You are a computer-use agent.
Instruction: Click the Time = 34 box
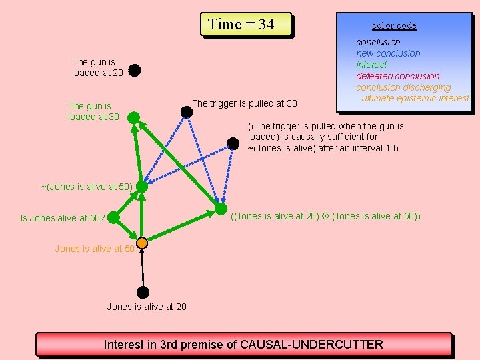tap(246, 25)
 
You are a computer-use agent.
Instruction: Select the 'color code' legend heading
tap(394, 25)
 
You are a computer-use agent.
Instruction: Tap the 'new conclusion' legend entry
tap(388, 53)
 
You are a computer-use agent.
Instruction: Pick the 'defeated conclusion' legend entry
tap(397, 76)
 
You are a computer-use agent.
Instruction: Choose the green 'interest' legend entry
tap(371, 65)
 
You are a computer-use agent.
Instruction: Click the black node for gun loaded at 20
tap(134, 69)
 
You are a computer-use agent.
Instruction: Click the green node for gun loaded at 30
tap(133, 117)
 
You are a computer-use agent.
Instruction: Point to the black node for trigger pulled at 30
tap(187, 112)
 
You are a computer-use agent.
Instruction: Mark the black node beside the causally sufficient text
tap(233, 143)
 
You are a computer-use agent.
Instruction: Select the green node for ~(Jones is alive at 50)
tap(142, 187)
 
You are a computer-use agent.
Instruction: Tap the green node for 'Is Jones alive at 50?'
tap(113, 217)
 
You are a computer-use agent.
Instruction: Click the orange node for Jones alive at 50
tap(142, 243)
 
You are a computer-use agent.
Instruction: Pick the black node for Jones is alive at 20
tap(142, 292)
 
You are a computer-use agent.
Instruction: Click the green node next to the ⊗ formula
tap(221, 209)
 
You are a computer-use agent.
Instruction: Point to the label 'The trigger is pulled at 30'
tap(244, 103)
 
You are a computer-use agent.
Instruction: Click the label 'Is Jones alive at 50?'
tap(63, 218)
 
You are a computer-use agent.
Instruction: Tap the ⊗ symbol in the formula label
tap(325, 216)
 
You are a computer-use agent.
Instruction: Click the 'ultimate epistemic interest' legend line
tap(415, 98)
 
